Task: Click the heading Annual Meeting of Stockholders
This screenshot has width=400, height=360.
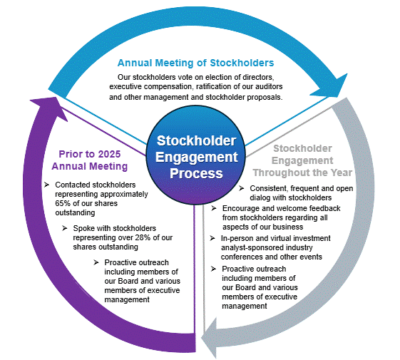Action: tap(195, 63)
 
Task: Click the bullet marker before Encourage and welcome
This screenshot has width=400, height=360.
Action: tap(215, 207)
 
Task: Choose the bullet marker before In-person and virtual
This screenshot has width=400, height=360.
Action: tap(213, 237)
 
